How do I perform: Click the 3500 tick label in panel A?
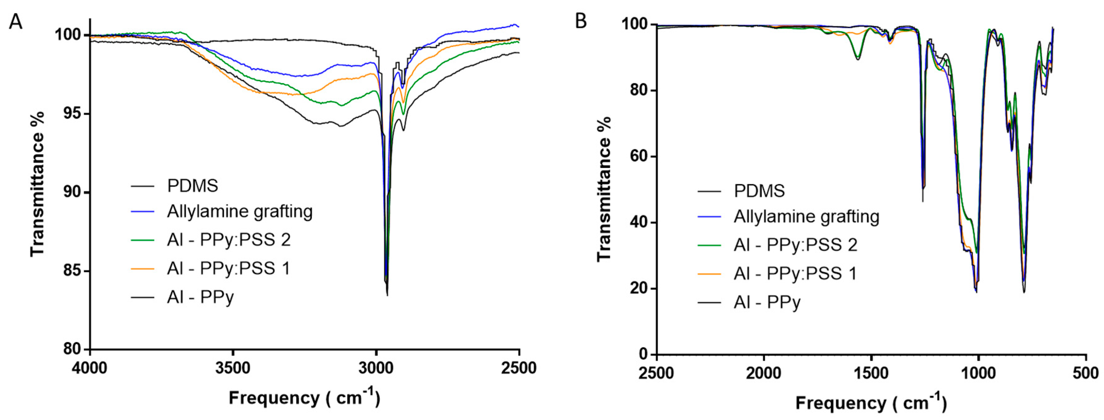233,368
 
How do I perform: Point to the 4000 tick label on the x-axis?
90,368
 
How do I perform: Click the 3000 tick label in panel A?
376,368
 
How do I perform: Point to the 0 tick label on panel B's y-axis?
645,354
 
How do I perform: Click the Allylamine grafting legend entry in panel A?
240,212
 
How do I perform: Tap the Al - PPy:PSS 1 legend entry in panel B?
795,273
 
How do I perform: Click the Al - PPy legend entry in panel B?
767,303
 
